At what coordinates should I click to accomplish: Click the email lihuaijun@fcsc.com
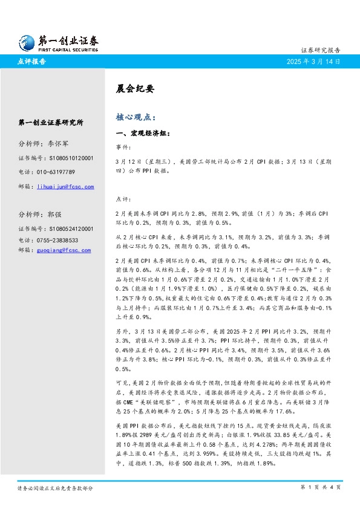pyautogui.click(x=64, y=187)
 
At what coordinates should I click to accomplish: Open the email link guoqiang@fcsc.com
pyautogui.click(x=62, y=250)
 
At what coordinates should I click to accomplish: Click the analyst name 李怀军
pyautogui.click(x=59, y=144)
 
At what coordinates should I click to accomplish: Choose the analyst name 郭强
pyautogui.click(x=54, y=215)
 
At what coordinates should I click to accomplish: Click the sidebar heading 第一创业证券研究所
pyautogui.click(x=51, y=122)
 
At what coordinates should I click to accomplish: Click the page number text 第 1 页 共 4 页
pyautogui.click(x=320, y=487)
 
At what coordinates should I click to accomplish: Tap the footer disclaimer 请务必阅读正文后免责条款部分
pyautogui.click(x=55, y=487)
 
